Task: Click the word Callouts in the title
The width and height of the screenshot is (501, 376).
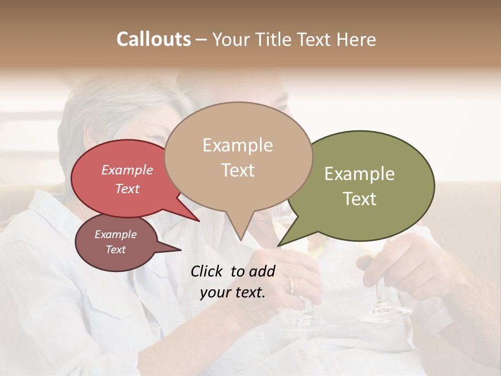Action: pyautogui.click(x=153, y=39)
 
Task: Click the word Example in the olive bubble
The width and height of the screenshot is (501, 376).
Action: pyautogui.click(x=360, y=174)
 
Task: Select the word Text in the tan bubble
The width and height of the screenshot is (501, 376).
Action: pyautogui.click(x=238, y=170)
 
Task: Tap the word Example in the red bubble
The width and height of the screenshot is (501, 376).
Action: pyautogui.click(x=127, y=170)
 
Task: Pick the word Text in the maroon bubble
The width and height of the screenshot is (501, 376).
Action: pyautogui.click(x=116, y=250)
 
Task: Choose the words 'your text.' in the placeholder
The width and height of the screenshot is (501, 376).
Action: pyautogui.click(x=233, y=292)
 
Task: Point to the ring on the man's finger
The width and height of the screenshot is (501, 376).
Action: pyautogui.click(x=291, y=285)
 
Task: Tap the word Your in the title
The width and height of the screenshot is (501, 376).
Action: pyautogui.click(x=232, y=39)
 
